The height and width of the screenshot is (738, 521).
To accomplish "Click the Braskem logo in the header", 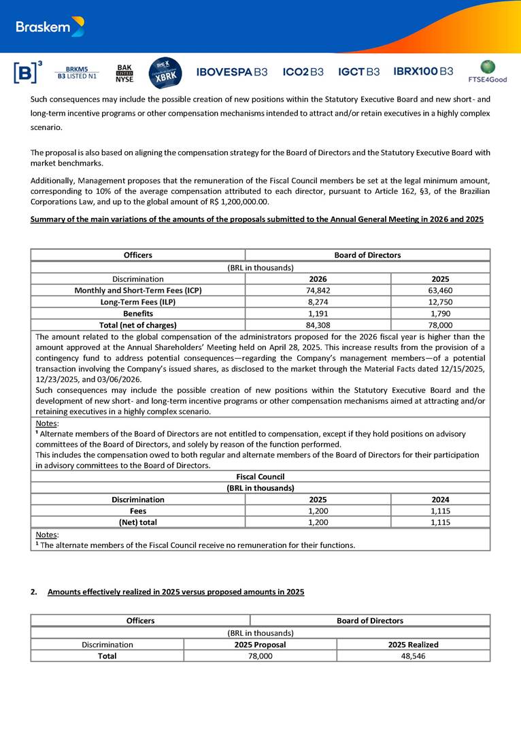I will tap(50, 27).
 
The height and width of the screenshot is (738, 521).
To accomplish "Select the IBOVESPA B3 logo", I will tap(231, 71).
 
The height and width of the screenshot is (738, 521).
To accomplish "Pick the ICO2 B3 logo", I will tap(303, 71).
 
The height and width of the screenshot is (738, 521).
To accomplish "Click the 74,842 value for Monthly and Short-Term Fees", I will tap(318, 290).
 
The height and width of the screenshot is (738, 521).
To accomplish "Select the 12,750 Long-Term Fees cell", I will tap(440, 302).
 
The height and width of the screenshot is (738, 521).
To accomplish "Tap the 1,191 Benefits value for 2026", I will tap(318, 313).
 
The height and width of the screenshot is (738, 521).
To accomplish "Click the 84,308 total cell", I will tap(318, 325).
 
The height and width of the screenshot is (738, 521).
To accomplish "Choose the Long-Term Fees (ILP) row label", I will tap(137, 302).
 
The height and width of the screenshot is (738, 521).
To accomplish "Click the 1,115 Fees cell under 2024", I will tap(440, 511).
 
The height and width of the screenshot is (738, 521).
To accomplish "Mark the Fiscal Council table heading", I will tap(260, 477).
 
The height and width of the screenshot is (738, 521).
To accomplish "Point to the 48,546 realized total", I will tap(413, 656).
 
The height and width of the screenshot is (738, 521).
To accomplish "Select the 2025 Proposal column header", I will tap(260, 644).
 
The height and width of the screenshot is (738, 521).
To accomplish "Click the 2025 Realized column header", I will tap(413, 644).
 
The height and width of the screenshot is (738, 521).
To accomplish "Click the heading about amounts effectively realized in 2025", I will tap(175, 592).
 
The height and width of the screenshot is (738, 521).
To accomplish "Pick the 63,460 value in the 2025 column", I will tap(440, 290).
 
